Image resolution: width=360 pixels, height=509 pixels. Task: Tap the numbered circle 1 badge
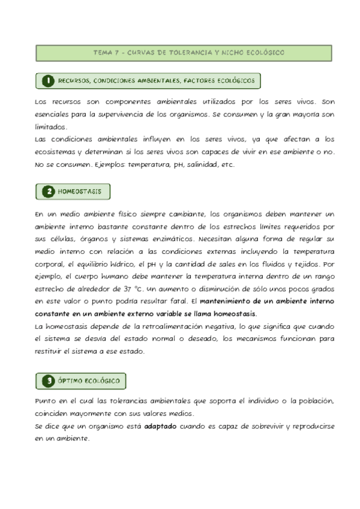tap(47, 80)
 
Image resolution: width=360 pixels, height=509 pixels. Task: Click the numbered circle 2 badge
tap(47, 192)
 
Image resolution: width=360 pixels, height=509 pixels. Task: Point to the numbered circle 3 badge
tap(47, 381)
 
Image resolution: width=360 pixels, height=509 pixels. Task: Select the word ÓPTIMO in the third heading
tap(71, 381)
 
